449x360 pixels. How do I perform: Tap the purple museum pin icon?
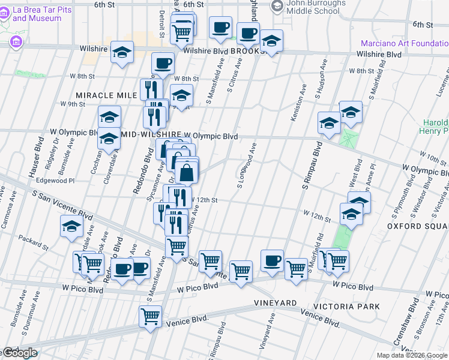(16, 41)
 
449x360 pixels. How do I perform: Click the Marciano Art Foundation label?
(404, 43)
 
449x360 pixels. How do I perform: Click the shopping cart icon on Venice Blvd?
(150, 316)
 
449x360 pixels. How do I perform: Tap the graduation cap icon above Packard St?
(71, 227)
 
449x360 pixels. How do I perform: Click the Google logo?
(19, 353)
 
